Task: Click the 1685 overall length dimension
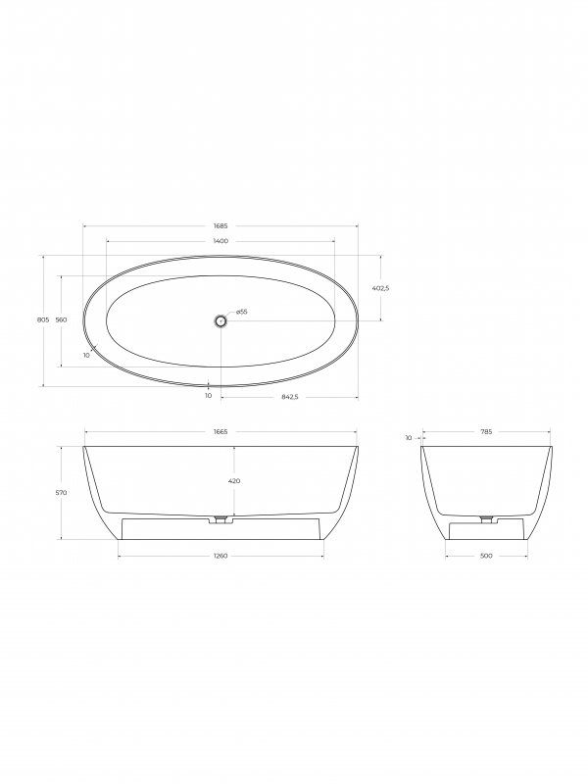[x=220, y=226]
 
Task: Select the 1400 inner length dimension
[x=220, y=241]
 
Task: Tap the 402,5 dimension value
[x=381, y=288]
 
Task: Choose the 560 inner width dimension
[x=61, y=320]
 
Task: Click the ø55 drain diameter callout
[x=241, y=312]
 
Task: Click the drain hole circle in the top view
[x=221, y=320]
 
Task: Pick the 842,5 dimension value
[x=289, y=397]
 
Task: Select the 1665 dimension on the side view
[x=220, y=431]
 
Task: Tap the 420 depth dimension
[x=234, y=481]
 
